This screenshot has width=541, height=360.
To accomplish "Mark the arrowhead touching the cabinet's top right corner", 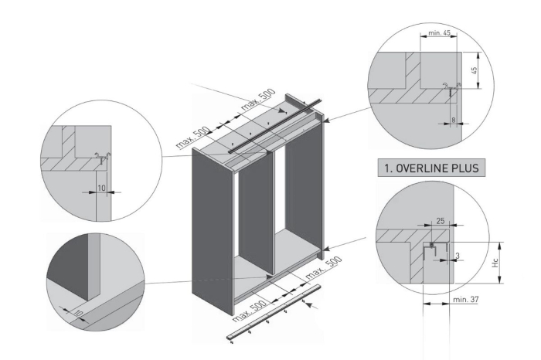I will coord(330,119).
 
